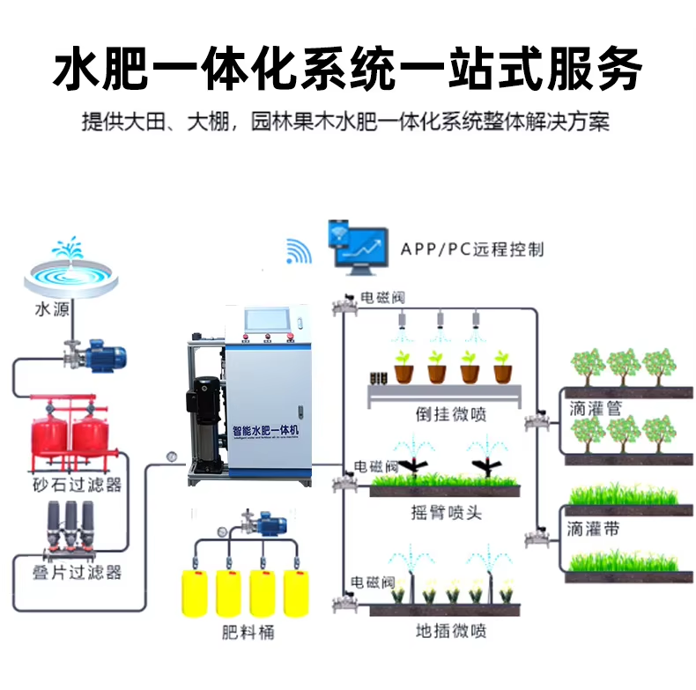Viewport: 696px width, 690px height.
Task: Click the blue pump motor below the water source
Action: [x=103, y=357]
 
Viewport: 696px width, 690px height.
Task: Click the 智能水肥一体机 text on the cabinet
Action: [x=266, y=429]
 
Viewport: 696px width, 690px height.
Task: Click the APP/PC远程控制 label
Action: [x=472, y=249]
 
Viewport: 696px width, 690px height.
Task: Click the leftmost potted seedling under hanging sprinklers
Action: [x=404, y=367]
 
